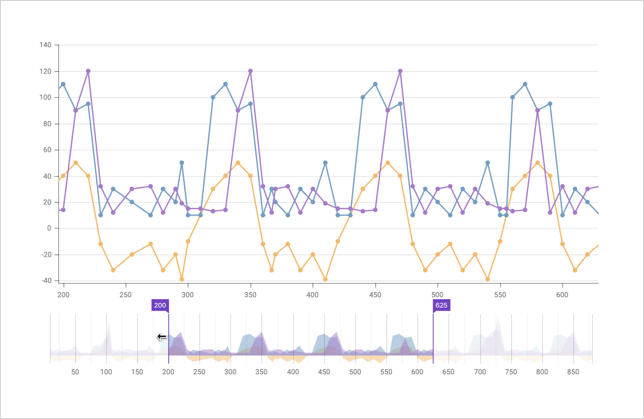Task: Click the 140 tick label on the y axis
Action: point(45,45)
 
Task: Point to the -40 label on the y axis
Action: point(47,281)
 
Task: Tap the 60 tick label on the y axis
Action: point(47,150)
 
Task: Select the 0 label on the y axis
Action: point(49,229)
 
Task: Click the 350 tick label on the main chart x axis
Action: point(250,295)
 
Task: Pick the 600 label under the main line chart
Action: point(562,295)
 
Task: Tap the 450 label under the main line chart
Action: point(375,295)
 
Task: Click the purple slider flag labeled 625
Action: point(441,305)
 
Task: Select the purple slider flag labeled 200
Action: point(160,305)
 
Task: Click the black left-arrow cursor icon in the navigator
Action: point(161,337)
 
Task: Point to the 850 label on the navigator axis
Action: point(573,372)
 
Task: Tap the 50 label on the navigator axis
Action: point(75,372)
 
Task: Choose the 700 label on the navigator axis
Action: point(480,372)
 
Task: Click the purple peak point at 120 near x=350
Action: point(250,71)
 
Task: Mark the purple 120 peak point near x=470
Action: point(400,71)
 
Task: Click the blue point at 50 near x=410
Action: point(325,163)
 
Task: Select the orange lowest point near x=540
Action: point(488,279)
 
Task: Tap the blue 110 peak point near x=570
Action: point(525,84)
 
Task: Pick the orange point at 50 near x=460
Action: point(388,163)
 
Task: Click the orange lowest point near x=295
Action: point(182,279)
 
